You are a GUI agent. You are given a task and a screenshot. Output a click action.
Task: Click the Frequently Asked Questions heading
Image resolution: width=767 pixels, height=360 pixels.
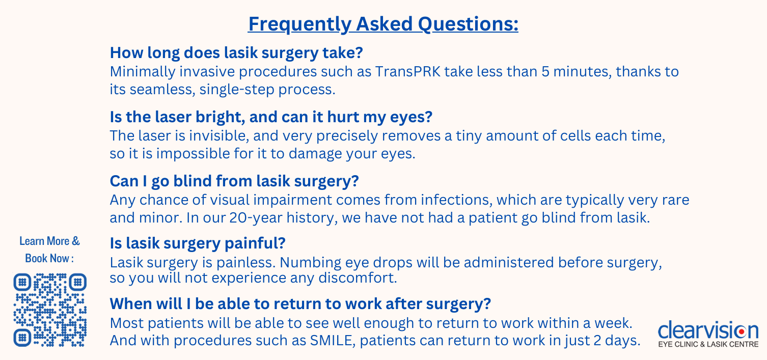[383, 24]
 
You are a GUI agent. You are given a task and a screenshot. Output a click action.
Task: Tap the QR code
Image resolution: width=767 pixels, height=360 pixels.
[50, 310]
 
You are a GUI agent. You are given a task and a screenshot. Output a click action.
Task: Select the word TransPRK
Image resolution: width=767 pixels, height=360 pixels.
[408, 71]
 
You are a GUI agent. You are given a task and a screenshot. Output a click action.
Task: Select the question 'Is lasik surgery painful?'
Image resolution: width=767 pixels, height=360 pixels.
[198, 243]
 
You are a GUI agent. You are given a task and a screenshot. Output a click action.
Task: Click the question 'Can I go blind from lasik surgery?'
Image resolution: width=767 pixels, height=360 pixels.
[234, 181]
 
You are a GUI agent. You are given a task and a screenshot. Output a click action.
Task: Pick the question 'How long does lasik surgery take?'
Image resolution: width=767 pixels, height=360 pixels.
[236, 52]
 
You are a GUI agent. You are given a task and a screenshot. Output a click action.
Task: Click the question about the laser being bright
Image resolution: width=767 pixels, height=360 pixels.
[271, 117]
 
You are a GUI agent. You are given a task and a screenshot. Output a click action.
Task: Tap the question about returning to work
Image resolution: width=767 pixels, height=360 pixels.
[300, 303]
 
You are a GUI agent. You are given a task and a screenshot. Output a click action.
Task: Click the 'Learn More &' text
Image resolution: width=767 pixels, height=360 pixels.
[49, 241]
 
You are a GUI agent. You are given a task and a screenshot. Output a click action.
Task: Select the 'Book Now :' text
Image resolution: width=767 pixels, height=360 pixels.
[49, 258]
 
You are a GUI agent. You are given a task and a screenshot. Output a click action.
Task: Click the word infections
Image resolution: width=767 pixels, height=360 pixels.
[457, 200]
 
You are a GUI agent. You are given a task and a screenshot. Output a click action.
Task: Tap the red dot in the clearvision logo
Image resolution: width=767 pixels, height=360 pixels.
[742, 331]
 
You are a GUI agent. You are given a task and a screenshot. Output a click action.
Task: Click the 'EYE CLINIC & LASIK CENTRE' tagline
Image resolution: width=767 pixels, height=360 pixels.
[708, 344]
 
